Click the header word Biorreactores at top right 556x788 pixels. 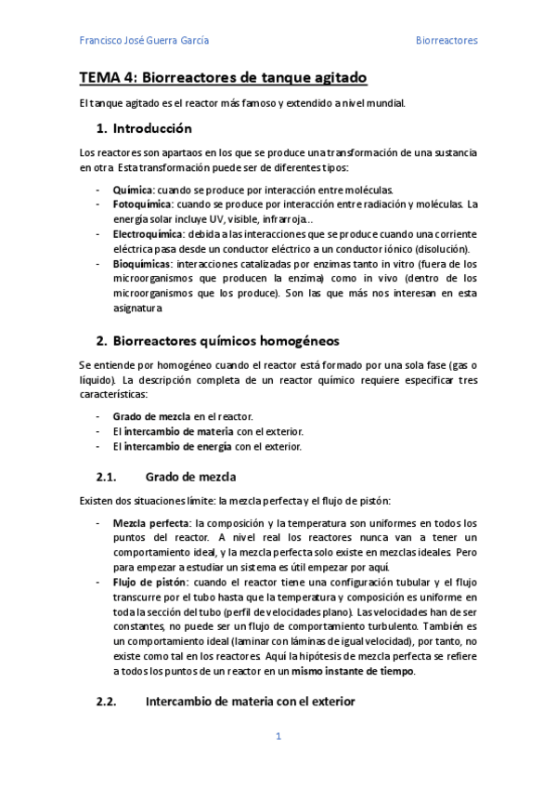pyautogui.click(x=446, y=41)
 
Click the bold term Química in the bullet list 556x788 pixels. pyautogui.click(x=132, y=189)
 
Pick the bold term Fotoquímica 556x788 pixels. pyautogui.click(x=142, y=204)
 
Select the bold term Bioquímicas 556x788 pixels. pyautogui.click(x=141, y=264)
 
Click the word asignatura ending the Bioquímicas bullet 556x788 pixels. pyautogui.click(x=137, y=309)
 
